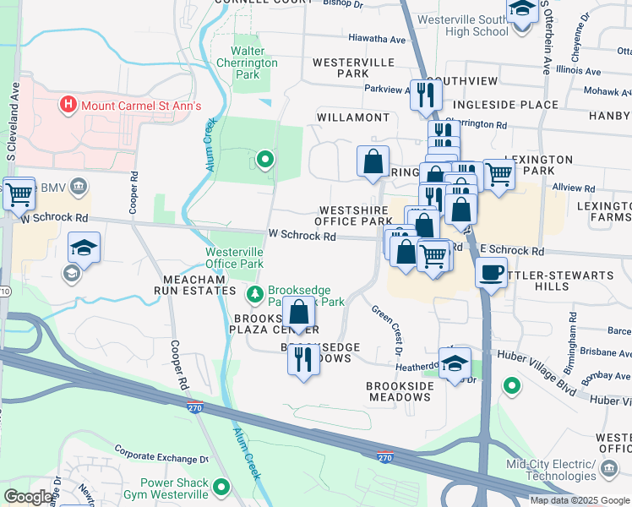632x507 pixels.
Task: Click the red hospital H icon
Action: point(68,106)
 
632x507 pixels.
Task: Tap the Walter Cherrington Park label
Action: point(247,63)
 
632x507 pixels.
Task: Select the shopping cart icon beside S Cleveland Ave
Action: point(19,194)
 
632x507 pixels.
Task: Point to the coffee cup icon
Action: point(491,273)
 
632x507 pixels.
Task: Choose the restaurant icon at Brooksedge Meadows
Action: point(303,358)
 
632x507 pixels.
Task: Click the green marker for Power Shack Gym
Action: point(221,487)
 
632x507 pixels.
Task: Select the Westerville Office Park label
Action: point(234,258)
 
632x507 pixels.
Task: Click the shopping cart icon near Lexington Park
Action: point(499,175)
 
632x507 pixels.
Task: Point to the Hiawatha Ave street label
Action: point(377,39)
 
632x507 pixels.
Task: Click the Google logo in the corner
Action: point(28,497)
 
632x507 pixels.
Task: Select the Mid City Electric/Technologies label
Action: point(552,470)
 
